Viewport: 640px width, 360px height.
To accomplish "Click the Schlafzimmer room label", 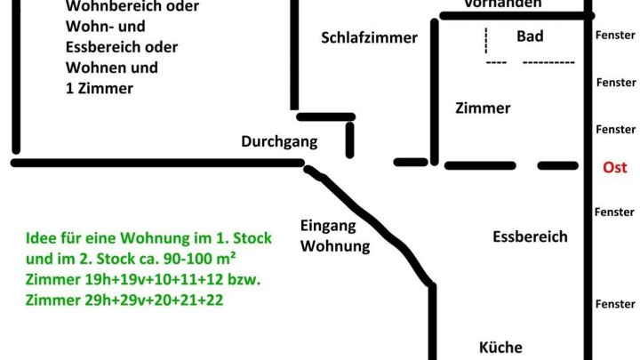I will [x=369, y=37].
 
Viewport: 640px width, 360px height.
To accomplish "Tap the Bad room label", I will [x=530, y=36].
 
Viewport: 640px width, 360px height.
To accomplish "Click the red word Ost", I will [x=615, y=167].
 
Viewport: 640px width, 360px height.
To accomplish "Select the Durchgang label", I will [x=279, y=141].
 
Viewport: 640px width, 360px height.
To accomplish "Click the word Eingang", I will [x=328, y=225].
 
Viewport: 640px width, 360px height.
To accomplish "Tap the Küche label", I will [x=500, y=348].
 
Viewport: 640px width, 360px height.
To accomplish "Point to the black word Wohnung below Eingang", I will [x=335, y=245].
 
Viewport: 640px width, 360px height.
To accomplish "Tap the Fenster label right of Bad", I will [x=615, y=36].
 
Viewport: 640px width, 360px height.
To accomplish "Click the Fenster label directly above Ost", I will [x=615, y=130].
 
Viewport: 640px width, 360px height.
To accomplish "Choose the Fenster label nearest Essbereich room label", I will [x=615, y=212].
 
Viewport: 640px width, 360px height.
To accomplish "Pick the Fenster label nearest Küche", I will [x=615, y=305].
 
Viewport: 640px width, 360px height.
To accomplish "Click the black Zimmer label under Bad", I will [x=483, y=108].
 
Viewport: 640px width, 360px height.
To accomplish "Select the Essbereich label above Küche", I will [x=530, y=236].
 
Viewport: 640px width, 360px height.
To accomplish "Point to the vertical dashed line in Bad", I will [x=486, y=40].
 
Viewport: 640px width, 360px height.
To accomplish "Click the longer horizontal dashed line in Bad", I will [x=548, y=62].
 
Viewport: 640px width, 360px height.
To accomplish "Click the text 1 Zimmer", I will [x=100, y=88].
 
